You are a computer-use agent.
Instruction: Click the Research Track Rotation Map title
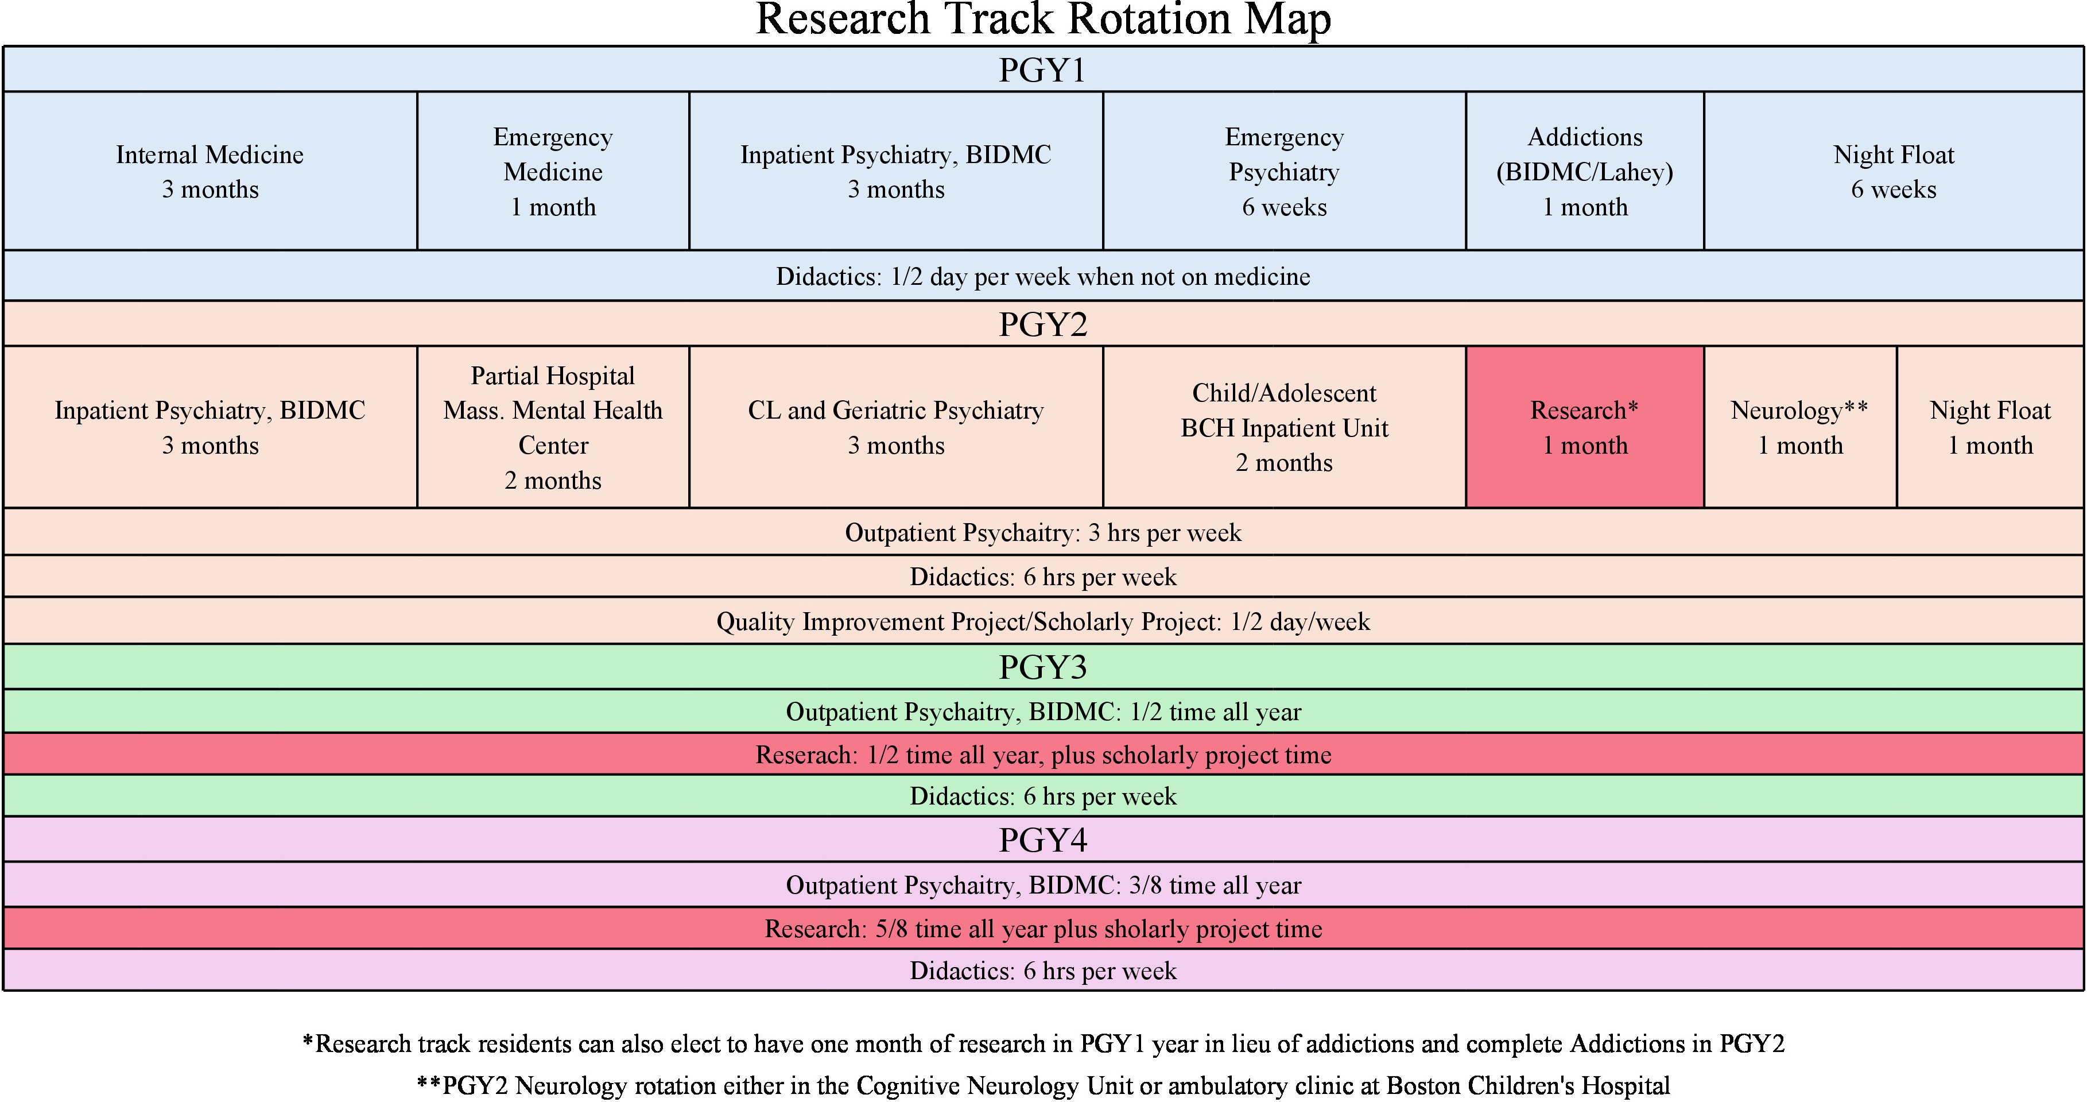coord(1043,20)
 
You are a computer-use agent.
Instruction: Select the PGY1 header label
coord(1043,69)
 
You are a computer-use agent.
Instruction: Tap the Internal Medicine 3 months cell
coord(210,171)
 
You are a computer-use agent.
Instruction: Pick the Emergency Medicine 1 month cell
coord(553,171)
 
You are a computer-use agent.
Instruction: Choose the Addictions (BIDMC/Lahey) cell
coord(1585,171)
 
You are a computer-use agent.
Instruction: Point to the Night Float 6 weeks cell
coord(1894,171)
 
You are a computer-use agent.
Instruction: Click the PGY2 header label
coord(1043,324)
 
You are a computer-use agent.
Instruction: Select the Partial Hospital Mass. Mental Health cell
coord(553,427)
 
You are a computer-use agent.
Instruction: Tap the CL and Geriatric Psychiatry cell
coord(896,427)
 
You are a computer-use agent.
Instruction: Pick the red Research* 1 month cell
coord(1585,427)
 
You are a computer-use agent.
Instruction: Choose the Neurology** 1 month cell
coord(1800,427)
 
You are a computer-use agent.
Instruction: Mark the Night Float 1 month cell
coord(1991,427)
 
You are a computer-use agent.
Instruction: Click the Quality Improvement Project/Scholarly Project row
coord(1043,621)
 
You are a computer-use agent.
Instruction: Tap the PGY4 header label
coord(1043,840)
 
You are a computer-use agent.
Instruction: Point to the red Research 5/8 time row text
coord(1043,929)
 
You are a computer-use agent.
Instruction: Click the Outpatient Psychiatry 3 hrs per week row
coord(1043,532)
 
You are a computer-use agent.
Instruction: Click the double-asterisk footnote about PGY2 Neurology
coord(1043,1085)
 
